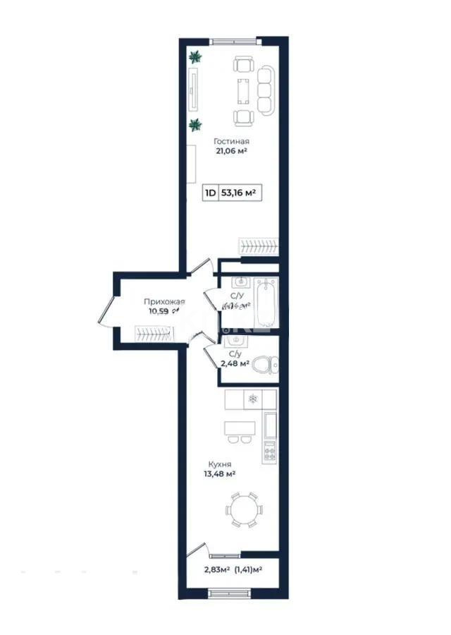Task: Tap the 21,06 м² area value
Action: [x=232, y=150]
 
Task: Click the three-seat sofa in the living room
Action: [x=266, y=90]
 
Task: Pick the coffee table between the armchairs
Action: [x=243, y=90]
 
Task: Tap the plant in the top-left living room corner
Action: [x=195, y=57]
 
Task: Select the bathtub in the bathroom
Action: [x=267, y=301]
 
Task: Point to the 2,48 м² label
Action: [x=235, y=363]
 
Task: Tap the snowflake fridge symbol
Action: [x=252, y=399]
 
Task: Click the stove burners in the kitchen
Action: [x=268, y=452]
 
